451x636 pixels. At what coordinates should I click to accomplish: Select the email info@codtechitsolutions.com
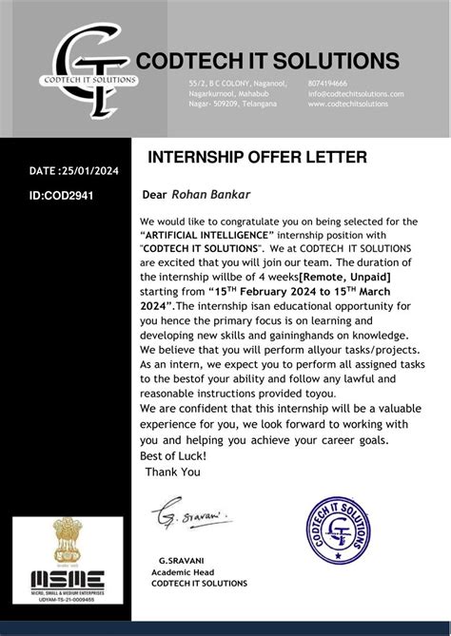click(356, 94)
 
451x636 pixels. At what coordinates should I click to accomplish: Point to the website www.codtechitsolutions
click(348, 104)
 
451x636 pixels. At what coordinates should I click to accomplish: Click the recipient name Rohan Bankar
click(206, 195)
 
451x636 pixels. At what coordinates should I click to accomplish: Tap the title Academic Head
click(182, 572)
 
